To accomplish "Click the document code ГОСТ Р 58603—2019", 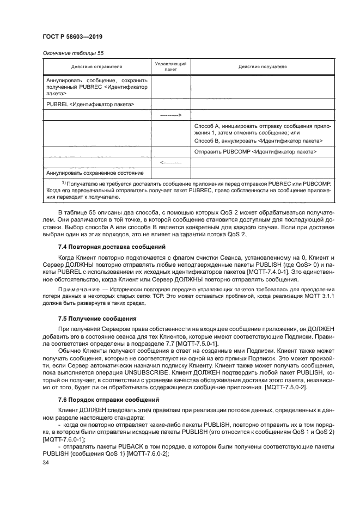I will [x=72, y=36].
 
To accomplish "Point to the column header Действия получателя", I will [x=262, y=66].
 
